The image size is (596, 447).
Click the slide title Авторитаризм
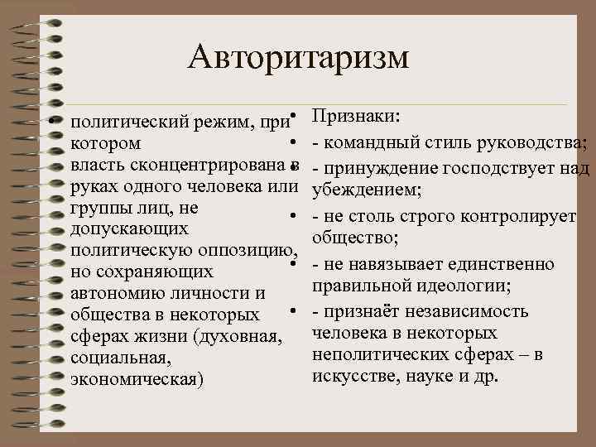(x=298, y=57)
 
